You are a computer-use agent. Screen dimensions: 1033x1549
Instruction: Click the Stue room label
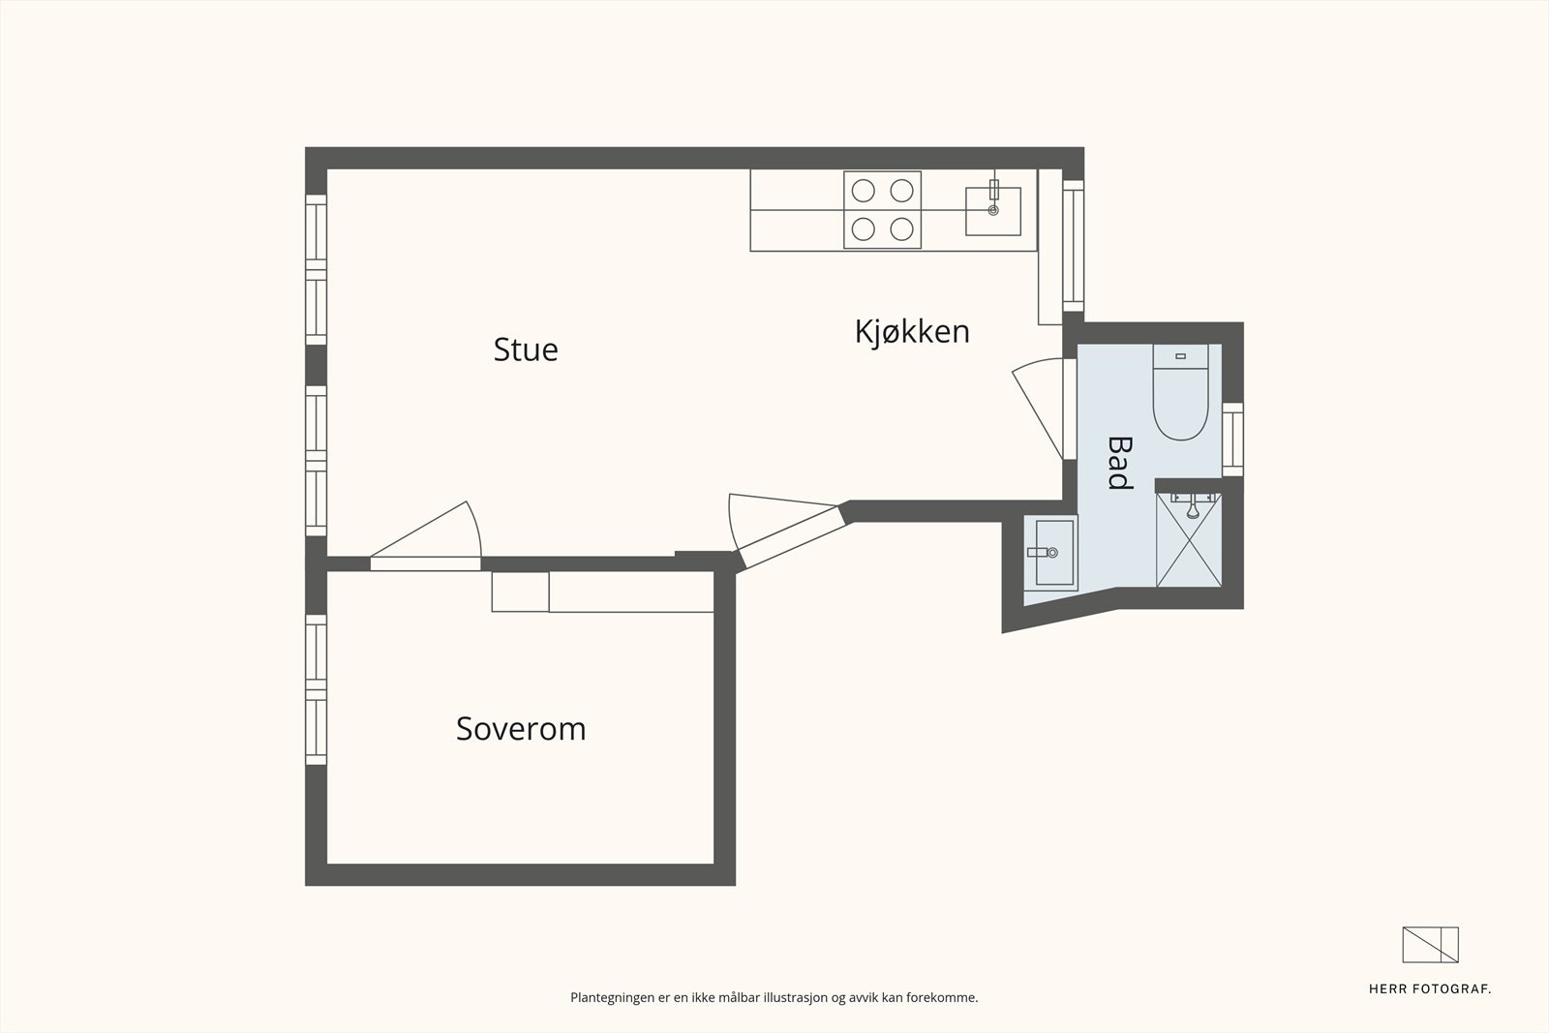click(x=526, y=349)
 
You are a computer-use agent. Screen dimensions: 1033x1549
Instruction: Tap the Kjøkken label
click(x=911, y=332)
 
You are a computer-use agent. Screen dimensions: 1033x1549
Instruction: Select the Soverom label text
click(x=521, y=729)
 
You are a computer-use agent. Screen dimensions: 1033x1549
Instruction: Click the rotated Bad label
click(x=1119, y=463)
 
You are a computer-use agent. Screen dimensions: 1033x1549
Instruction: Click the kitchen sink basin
click(x=993, y=212)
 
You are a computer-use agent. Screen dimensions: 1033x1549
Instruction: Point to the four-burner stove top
click(x=882, y=210)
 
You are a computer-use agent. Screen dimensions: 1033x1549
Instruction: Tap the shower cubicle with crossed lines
click(x=1189, y=540)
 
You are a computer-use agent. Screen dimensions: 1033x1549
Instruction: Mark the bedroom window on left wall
click(x=316, y=689)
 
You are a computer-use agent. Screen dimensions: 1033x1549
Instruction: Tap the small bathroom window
click(x=1232, y=439)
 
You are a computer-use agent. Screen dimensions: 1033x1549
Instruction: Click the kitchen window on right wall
click(x=1073, y=245)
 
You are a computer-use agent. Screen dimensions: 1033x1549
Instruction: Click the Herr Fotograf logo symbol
click(x=1430, y=945)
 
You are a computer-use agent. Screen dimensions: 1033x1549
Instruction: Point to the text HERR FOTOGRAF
click(x=1429, y=988)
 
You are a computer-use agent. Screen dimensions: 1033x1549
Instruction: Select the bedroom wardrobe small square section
click(x=520, y=592)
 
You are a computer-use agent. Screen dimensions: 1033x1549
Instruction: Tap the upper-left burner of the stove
click(x=862, y=191)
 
